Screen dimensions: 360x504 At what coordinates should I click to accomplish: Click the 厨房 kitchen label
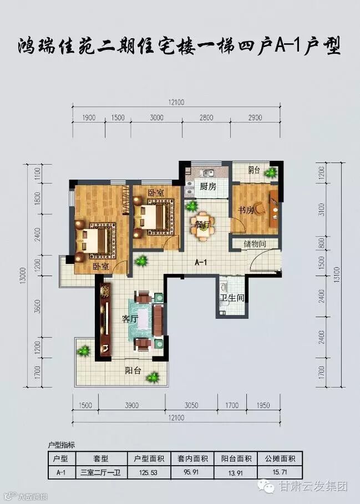click(x=207, y=186)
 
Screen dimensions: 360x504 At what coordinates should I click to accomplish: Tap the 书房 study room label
click(x=246, y=211)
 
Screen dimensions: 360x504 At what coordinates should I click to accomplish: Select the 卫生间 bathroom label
click(x=232, y=298)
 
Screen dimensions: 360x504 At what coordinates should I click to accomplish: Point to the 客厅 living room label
click(x=130, y=319)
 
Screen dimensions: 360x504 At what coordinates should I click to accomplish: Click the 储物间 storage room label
click(x=255, y=244)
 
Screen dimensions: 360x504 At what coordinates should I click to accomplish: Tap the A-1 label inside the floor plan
click(x=201, y=263)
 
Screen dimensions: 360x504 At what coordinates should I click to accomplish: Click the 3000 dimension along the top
click(x=156, y=118)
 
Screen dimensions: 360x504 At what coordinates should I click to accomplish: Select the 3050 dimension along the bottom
click(x=191, y=405)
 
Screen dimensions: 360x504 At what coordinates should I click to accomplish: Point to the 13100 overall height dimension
click(x=337, y=275)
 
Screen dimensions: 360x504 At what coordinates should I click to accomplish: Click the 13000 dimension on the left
click(x=28, y=276)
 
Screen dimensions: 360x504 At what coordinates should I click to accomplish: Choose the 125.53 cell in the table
click(x=149, y=472)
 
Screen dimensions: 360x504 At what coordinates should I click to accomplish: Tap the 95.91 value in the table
click(x=192, y=472)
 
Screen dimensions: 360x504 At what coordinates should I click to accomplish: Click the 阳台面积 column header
click(x=236, y=459)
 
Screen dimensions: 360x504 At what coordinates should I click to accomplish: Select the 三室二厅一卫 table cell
click(x=101, y=472)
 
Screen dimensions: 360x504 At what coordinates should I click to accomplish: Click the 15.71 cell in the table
click(x=280, y=472)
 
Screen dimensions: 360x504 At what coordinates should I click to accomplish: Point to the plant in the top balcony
click(x=270, y=174)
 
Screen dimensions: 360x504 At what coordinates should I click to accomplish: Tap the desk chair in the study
click(x=260, y=208)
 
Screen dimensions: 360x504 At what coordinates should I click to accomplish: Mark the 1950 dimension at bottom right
click(x=263, y=405)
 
